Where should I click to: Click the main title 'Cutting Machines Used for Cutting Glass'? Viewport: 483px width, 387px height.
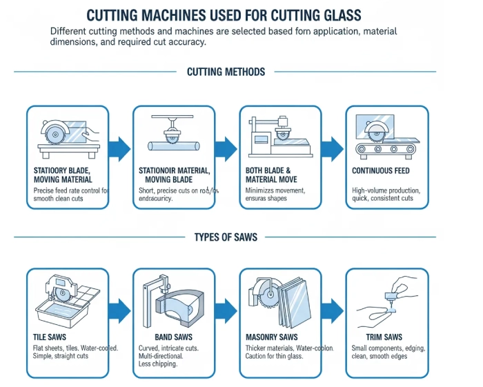(224, 14)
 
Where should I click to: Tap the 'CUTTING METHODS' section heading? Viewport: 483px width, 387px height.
(226, 72)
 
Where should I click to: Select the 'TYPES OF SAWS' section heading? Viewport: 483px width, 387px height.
(226, 237)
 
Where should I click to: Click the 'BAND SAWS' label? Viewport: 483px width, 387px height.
(159, 337)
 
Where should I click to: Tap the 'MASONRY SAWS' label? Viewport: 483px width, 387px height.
(272, 337)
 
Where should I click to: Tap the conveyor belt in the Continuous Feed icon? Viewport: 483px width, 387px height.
(386, 149)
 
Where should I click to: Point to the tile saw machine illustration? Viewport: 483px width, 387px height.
(66, 301)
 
